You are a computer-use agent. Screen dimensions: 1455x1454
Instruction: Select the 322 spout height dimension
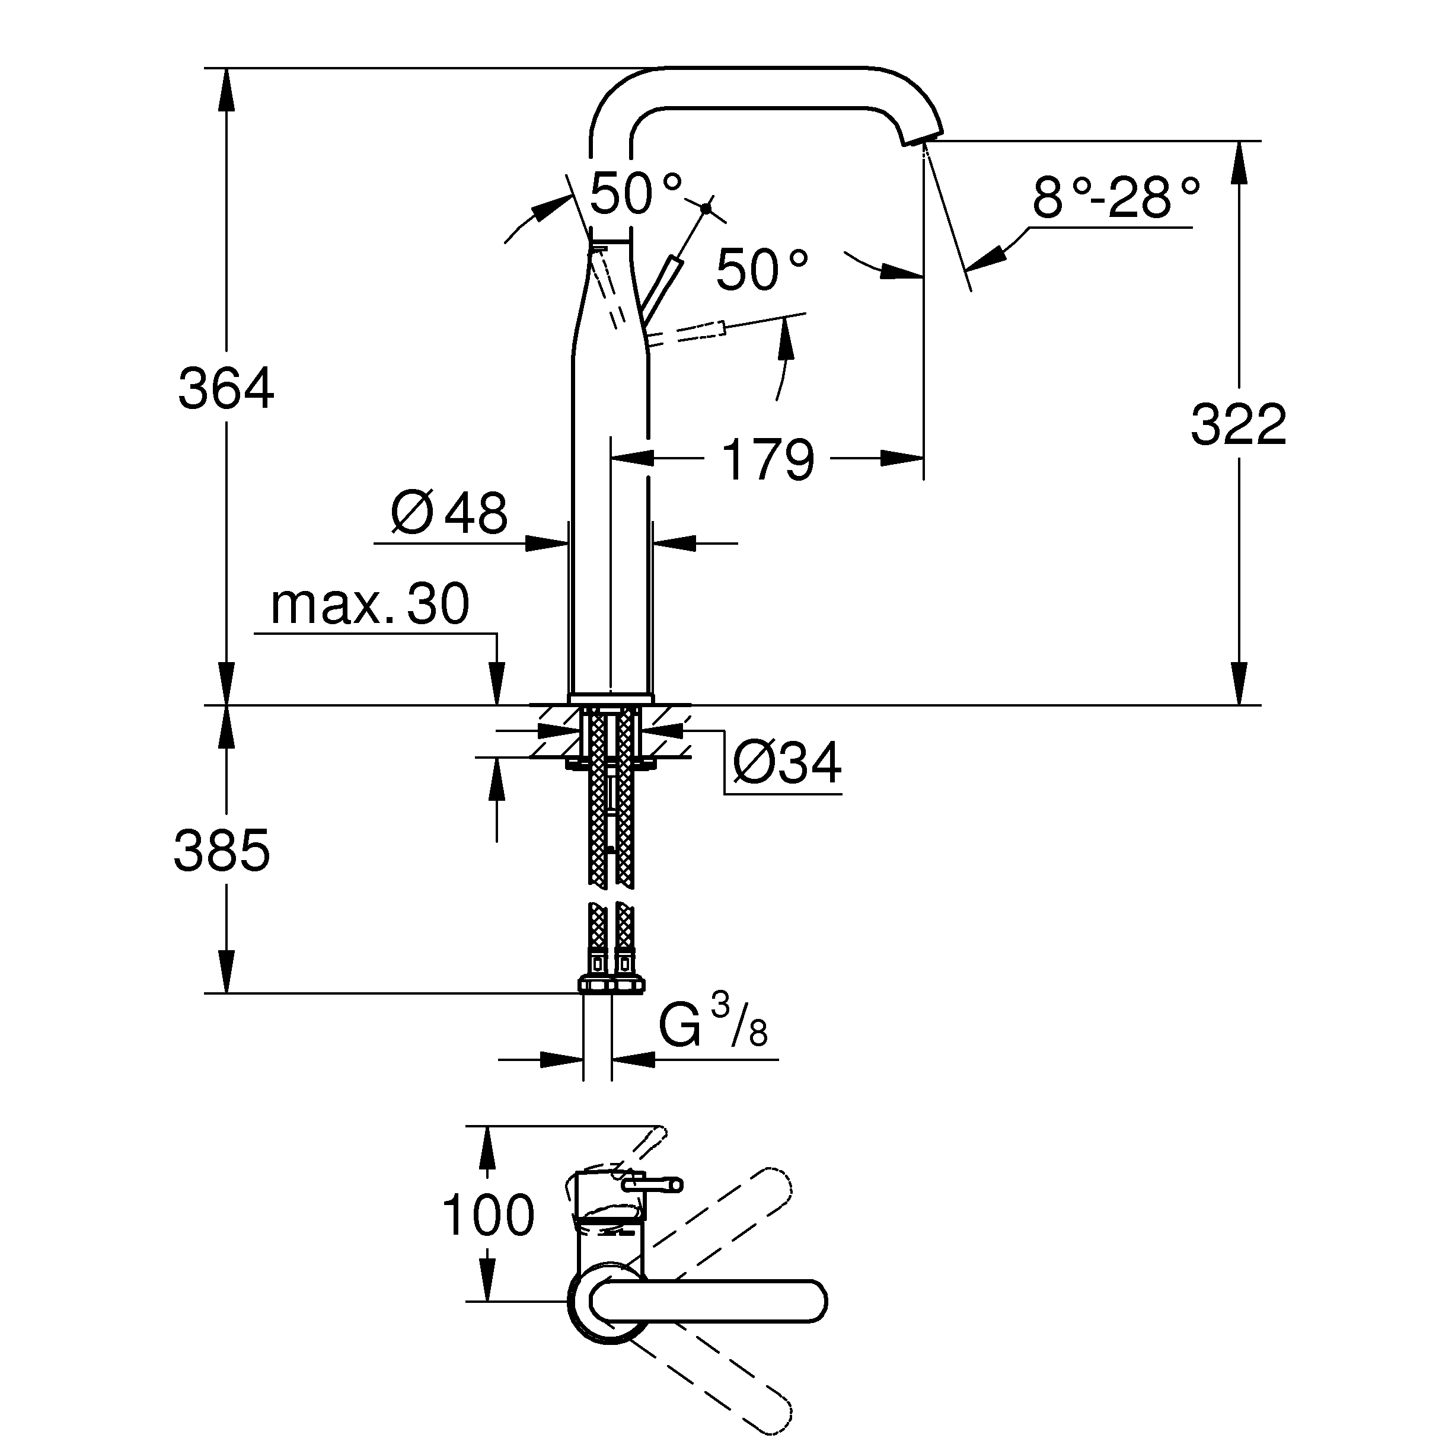click(1238, 424)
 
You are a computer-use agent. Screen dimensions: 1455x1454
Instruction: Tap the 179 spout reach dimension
click(768, 459)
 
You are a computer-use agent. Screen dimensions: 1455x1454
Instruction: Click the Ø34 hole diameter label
click(787, 762)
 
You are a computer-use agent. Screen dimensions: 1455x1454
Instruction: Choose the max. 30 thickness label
click(370, 604)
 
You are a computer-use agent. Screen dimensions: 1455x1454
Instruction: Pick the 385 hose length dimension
click(221, 850)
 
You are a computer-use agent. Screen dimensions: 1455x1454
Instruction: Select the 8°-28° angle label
click(1115, 197)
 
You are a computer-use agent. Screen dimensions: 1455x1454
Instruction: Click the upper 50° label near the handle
click(636, 193)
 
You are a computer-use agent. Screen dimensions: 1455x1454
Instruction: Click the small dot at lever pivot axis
click(706, 208)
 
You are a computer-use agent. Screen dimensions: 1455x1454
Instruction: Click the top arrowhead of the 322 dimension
click(1238, 162)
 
